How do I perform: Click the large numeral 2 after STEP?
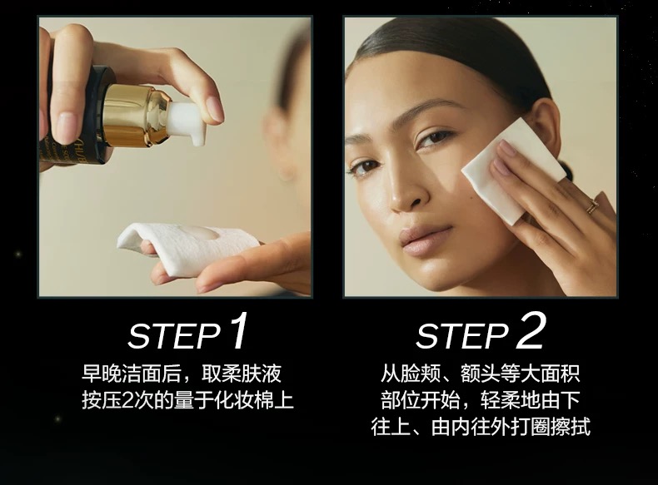point(531,331)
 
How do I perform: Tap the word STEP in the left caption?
point(174,336)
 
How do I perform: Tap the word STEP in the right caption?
point(462,336)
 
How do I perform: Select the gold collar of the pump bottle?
point(134,114)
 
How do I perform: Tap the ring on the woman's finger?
point(592,205)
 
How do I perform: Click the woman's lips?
point(425,240)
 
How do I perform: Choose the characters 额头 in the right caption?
point(481,374)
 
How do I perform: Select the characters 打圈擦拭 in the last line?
point(551,427)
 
